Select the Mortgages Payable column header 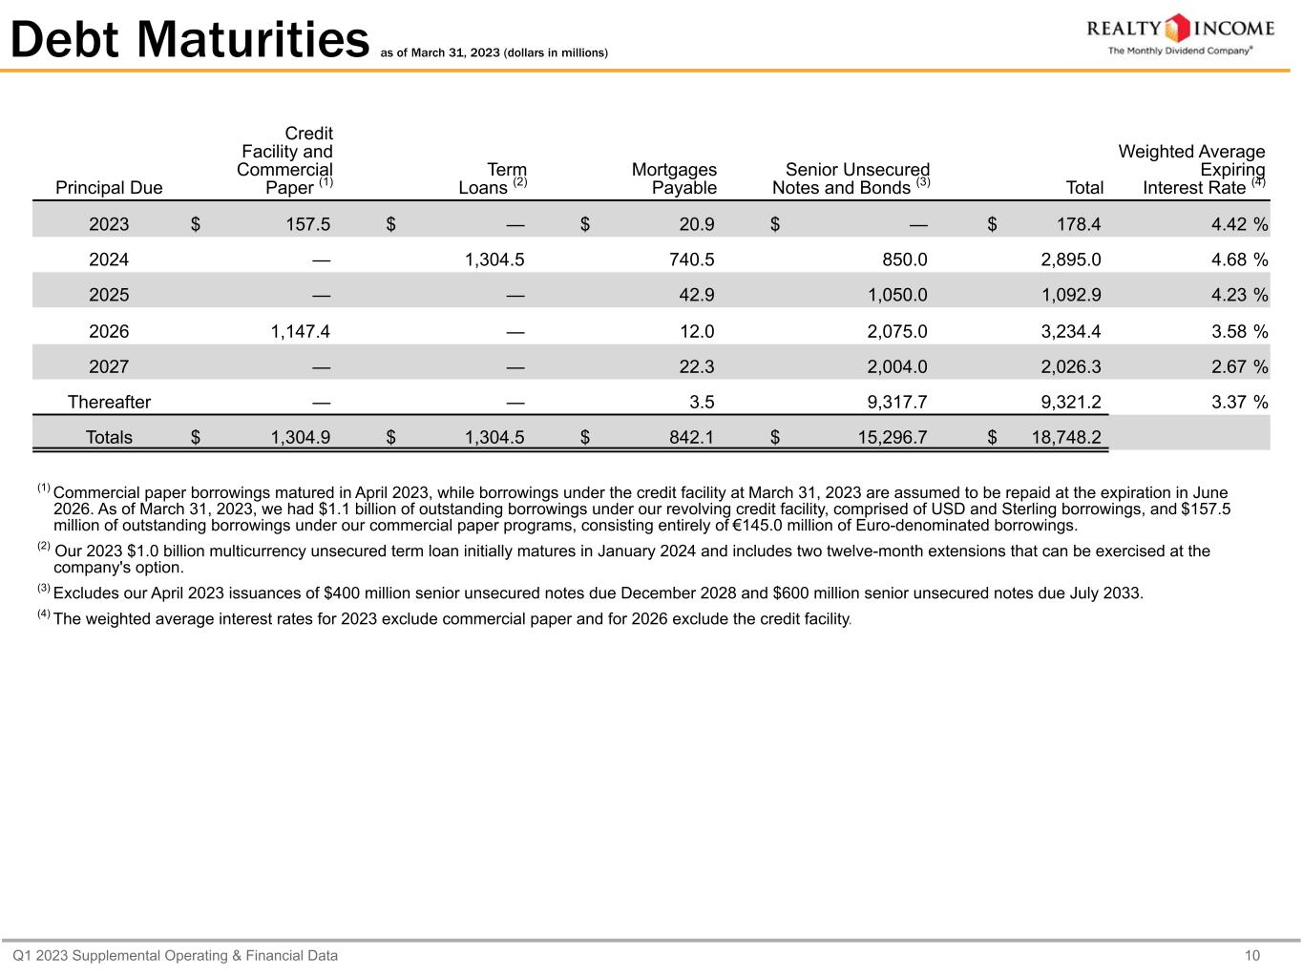point(674,178)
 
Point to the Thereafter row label point(109,403)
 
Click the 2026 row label point(109,332)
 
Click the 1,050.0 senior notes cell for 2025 point(896,296)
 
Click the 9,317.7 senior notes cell point(896,403)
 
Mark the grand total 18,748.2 point(1066,438)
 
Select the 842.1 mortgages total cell point(692,438)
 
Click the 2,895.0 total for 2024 point(1071,260)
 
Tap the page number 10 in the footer point(1252,956)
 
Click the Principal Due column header point(109,188)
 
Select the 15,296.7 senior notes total point(891,438)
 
